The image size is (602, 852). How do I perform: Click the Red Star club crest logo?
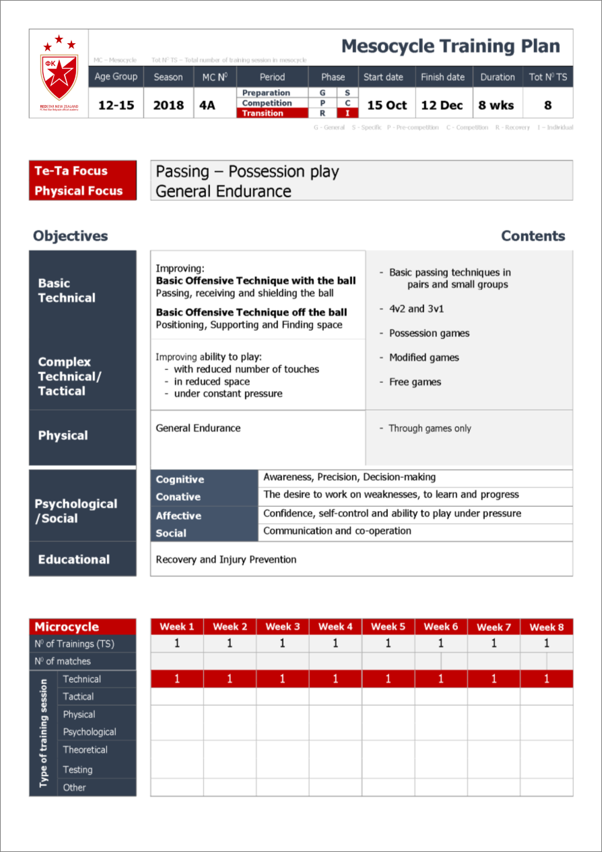(59, 71)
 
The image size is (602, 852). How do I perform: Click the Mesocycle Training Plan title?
(450, 47)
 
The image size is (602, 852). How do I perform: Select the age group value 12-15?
(116, 105)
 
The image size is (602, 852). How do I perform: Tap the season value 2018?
(168, 105)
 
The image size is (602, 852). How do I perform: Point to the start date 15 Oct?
(387, 105)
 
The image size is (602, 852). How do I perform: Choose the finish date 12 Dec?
(442, 105)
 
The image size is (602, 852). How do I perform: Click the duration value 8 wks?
(497, 105)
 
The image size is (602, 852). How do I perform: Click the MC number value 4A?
(207, 105)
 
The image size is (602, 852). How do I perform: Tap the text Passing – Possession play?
(246, 171)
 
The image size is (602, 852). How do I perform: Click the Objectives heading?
(70, 236)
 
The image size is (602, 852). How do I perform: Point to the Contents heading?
(533, 236)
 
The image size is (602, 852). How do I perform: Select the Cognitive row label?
(180, 479)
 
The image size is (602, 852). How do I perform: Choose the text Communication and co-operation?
(337, 530)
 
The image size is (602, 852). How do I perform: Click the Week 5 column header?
(388, 627)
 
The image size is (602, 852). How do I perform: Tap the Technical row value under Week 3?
(282, 679)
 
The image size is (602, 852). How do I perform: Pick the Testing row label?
(77, 769)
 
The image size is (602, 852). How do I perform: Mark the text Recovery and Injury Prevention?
(226, 559)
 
